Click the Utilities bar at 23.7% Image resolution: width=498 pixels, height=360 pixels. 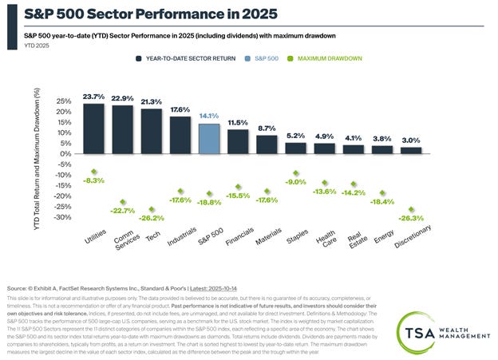(93, 128)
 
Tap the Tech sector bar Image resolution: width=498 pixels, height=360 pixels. (151, 131)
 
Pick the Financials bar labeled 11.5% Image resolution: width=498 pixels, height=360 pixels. (237, 140)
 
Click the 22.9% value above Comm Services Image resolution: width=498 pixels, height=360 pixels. (122, 98)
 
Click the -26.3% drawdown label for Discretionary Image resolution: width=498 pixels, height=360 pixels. (410, 218)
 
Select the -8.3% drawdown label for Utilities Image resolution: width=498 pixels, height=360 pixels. (94, 180)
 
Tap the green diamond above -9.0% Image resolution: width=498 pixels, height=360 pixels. (295, 172)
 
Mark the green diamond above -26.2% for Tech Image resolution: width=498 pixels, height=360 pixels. (152, 209)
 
